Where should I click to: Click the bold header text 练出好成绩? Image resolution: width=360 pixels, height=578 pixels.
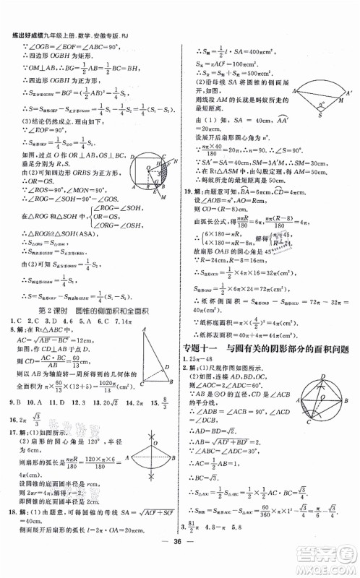22,6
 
